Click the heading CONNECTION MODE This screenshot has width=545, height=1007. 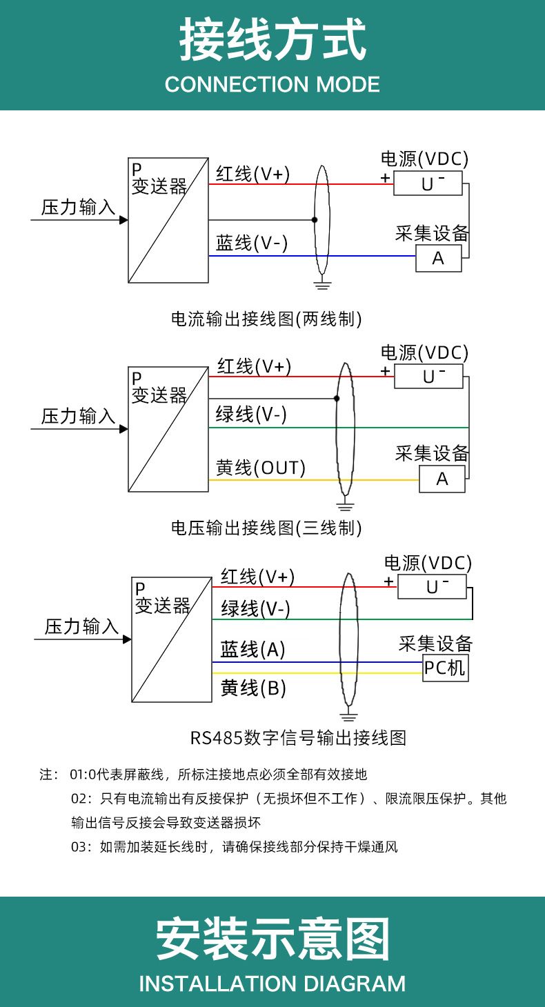(272, 84)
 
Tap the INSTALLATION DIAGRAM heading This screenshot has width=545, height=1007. (272, 983)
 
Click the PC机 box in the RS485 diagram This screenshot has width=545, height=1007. (445, 668)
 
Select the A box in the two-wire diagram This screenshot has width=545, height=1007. (438, 258)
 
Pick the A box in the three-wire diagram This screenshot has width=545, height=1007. (442, 479)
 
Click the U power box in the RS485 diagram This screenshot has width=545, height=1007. (433, 586)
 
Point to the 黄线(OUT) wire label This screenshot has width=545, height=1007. (261, 468)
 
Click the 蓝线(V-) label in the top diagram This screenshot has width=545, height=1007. (252, 243)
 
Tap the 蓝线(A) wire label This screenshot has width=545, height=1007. (253, 649)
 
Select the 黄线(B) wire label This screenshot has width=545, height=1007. (253, 688)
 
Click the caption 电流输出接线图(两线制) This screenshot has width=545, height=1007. (266, 319)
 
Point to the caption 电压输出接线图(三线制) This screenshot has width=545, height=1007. (266, 528)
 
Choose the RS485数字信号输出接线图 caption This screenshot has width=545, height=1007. (298, 737)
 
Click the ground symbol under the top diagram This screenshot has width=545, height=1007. (321, 283)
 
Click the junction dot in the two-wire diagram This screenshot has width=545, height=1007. (315, 220)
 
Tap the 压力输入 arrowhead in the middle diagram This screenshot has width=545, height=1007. (124, 429)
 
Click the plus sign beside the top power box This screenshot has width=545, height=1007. (385, 178)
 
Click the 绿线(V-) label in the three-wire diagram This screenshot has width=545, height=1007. (251, 415)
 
